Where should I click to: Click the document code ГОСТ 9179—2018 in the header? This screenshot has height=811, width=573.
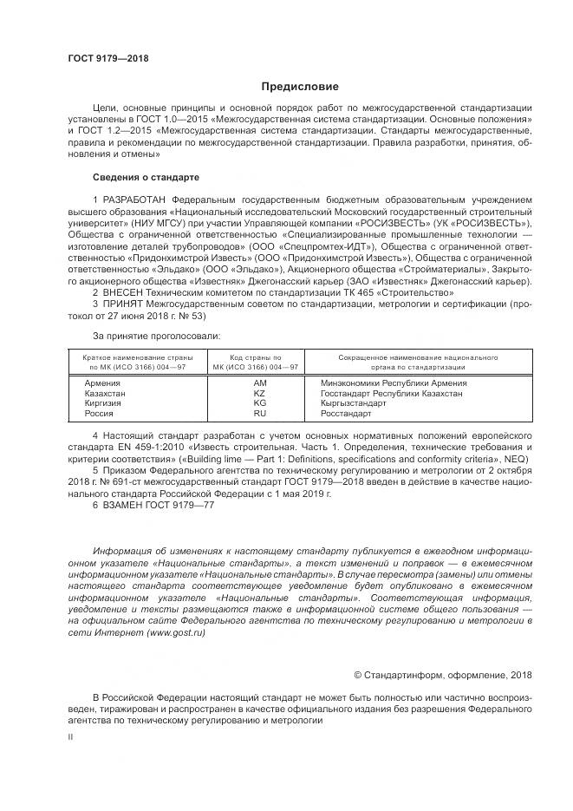click(x=107, y=58)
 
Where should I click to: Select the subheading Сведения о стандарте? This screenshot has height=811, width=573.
click(x=146, y=177)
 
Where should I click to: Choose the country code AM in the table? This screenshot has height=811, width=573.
click(x=260, y=383)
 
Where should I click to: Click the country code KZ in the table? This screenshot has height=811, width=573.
click(x=260, y=393)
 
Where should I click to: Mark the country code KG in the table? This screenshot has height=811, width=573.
click(x=260, y=403)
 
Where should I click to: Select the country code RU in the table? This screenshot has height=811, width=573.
click(x=260, y=414)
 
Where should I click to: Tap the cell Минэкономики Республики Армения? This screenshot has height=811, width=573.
click(x=393, y=383)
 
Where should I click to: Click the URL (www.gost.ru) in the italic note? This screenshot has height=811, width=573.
click(x=176, y=634)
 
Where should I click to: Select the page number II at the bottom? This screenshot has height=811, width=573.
click(x=70, y=736)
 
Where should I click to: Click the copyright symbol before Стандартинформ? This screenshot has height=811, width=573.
click(x=360, y=675)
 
